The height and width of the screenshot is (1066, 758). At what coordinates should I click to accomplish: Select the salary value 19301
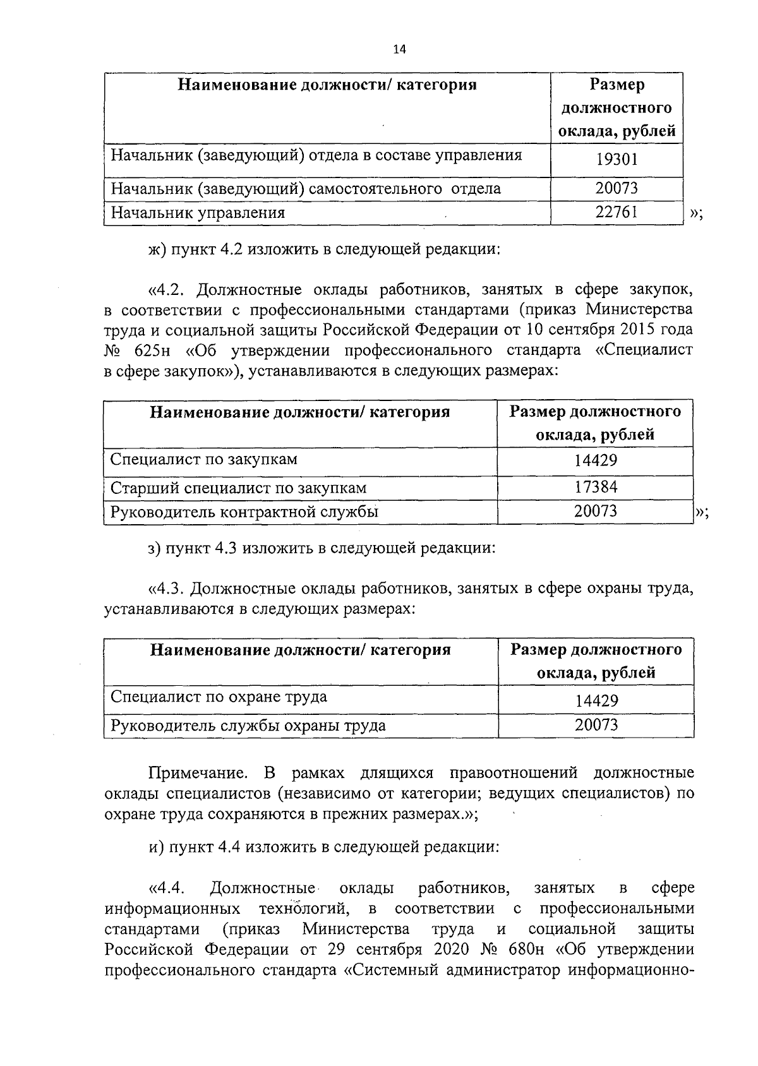pyautogui.click(x=617, y=159)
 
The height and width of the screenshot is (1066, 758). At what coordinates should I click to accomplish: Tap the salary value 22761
pyautogui.click(x=617, y=212)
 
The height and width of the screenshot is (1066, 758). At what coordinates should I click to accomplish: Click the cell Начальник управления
pyautogui.click(x=198, y=213)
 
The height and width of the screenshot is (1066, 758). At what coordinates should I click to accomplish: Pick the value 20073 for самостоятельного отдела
pyautogui.click(x=617, y=188)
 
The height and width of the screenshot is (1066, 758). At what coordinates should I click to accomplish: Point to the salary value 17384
pyautogui.click(x=596, y=487)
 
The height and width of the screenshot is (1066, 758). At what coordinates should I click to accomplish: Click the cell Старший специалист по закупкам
pyautogui.click(x=238, y=488)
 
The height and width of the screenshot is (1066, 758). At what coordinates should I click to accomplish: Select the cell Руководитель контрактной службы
pyautogui.click(x=244, y=512)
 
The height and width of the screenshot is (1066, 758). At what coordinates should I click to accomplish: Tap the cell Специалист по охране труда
pyautogui.click(x=219, y=697)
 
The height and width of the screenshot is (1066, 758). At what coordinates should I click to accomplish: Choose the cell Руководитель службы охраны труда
pyautogui.click(x=248, y=726)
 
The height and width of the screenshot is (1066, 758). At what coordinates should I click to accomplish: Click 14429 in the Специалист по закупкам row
pyautogui.click(x=596, y=460)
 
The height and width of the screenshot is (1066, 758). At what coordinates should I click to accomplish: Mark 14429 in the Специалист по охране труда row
pyautogui.click(x=596, y=700)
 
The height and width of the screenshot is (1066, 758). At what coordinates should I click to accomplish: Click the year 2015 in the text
pyautogui.click(x=637, y=330)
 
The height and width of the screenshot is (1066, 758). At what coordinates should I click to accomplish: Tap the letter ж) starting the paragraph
pyautogui.click(x=156, y=249)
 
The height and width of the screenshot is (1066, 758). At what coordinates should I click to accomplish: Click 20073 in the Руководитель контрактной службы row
pyautogui.click(x=596, y=511)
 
